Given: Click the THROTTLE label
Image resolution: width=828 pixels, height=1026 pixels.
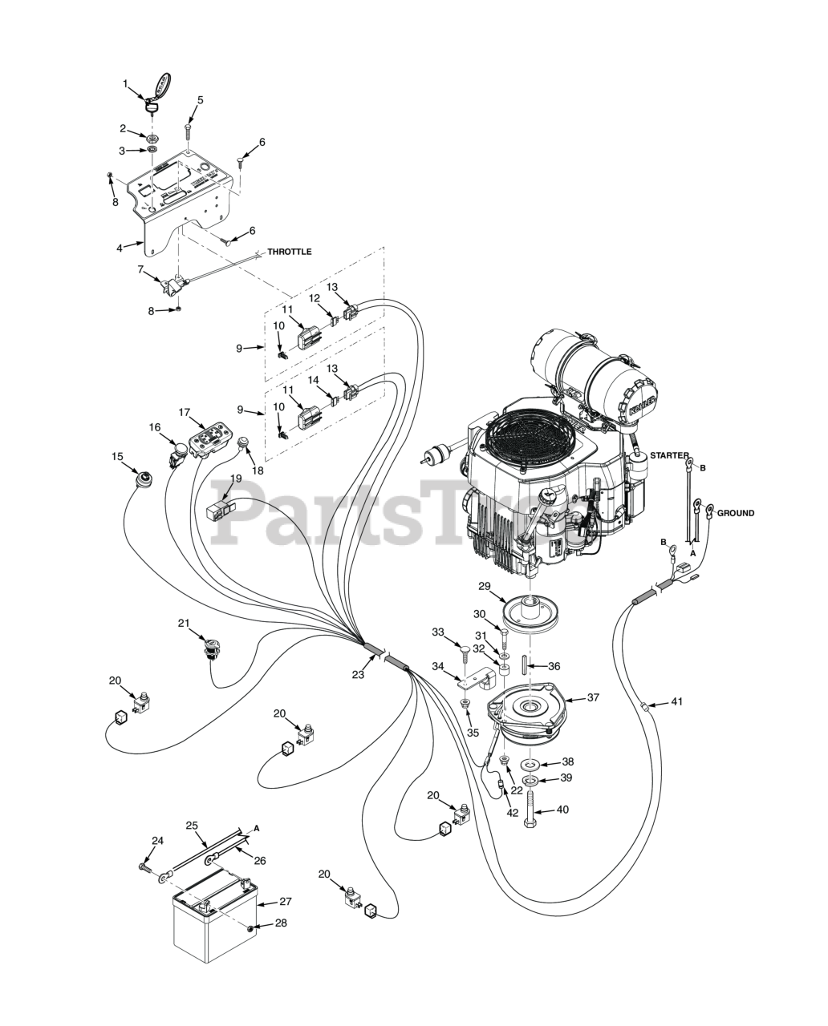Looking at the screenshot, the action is [289, 252].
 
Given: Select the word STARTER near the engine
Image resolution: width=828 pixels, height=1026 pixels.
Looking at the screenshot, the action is [669, 456].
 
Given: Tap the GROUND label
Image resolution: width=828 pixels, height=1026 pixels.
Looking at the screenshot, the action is [735, 513].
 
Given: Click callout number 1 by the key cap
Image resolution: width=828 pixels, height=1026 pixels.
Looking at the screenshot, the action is [125, 83].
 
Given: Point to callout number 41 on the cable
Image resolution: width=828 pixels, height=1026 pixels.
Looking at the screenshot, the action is [676, 702].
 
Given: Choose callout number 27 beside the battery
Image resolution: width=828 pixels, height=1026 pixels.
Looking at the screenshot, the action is [285, 901].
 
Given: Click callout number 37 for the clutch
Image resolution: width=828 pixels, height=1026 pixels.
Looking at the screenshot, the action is [593, 697].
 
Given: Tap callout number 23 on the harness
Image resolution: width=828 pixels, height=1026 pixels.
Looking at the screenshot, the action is [358, 674].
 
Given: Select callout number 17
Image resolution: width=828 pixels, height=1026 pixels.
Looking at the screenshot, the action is [185, 413].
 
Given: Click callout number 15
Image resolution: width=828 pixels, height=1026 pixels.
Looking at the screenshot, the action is [117, 457].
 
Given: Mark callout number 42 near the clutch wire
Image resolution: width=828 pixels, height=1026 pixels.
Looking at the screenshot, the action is [513, 812].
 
